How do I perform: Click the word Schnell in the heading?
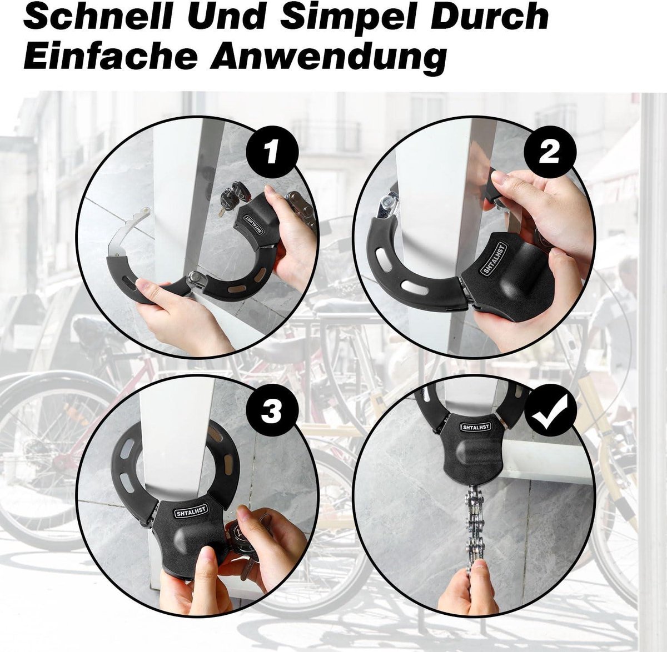click(97, 16)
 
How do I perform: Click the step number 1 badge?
click(272, 152)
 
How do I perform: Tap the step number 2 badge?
click(549, 152)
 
